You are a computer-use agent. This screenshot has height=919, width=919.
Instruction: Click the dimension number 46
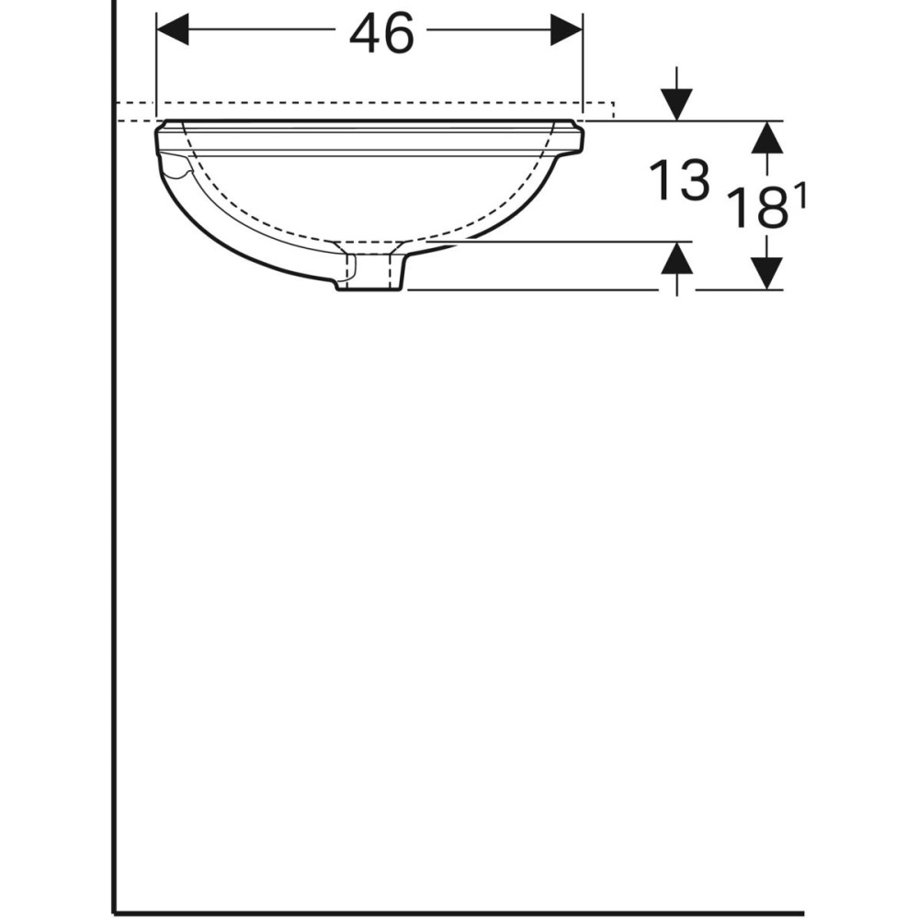(382, 35)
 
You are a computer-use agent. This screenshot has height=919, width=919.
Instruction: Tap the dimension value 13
(679, 180)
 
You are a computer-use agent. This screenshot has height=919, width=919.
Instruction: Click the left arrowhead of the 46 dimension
(174, 30)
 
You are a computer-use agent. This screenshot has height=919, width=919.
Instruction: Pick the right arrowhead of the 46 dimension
(566, 30)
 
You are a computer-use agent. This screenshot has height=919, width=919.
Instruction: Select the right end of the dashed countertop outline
(614, 109)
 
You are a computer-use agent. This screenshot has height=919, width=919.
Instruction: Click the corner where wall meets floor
(114, 913)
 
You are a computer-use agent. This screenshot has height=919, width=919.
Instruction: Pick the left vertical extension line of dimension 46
(157, 64)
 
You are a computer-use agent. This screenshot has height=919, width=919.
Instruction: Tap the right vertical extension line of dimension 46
(583, 64)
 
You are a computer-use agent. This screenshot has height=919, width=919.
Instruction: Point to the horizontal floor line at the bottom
(459, 913)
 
